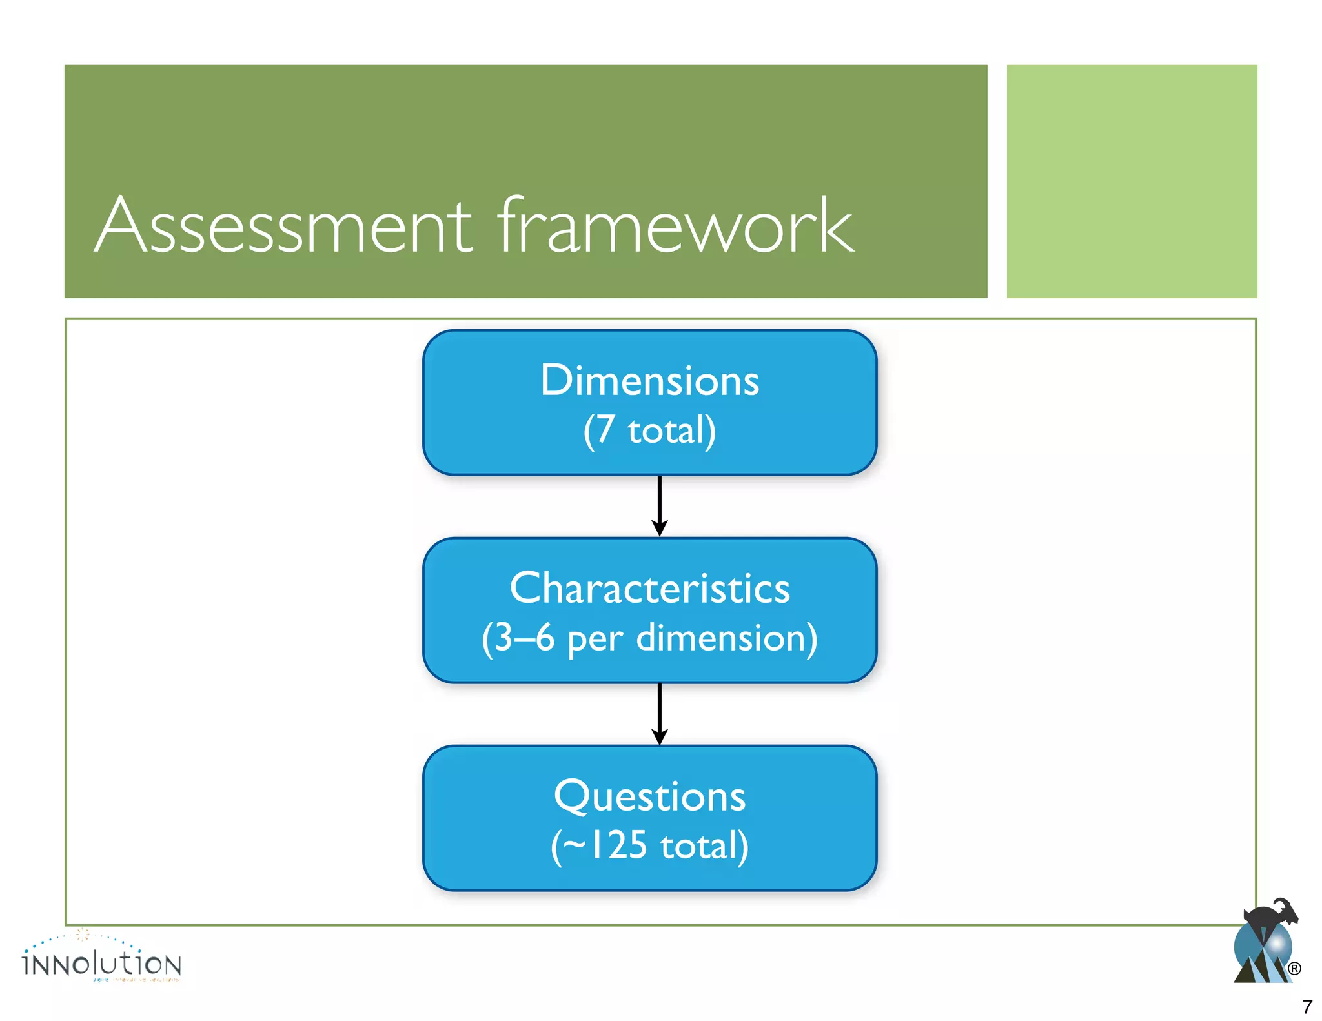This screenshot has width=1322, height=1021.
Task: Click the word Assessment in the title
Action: pos(284,226)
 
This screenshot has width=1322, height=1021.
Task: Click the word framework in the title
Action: pos(675,226)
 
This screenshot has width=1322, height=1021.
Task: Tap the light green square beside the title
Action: pos(1131,181)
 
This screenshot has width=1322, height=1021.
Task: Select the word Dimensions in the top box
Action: pos(649,380)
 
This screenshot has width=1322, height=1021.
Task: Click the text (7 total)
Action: pos(649,430)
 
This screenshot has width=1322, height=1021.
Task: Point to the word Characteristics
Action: pos(649,588)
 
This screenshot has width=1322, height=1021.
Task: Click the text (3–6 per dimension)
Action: pos(649,638)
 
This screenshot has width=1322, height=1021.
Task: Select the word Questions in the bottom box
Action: pos(649,796)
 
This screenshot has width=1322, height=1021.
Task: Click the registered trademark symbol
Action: pos(1294,969)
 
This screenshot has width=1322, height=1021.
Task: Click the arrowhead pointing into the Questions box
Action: pos(659,736)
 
